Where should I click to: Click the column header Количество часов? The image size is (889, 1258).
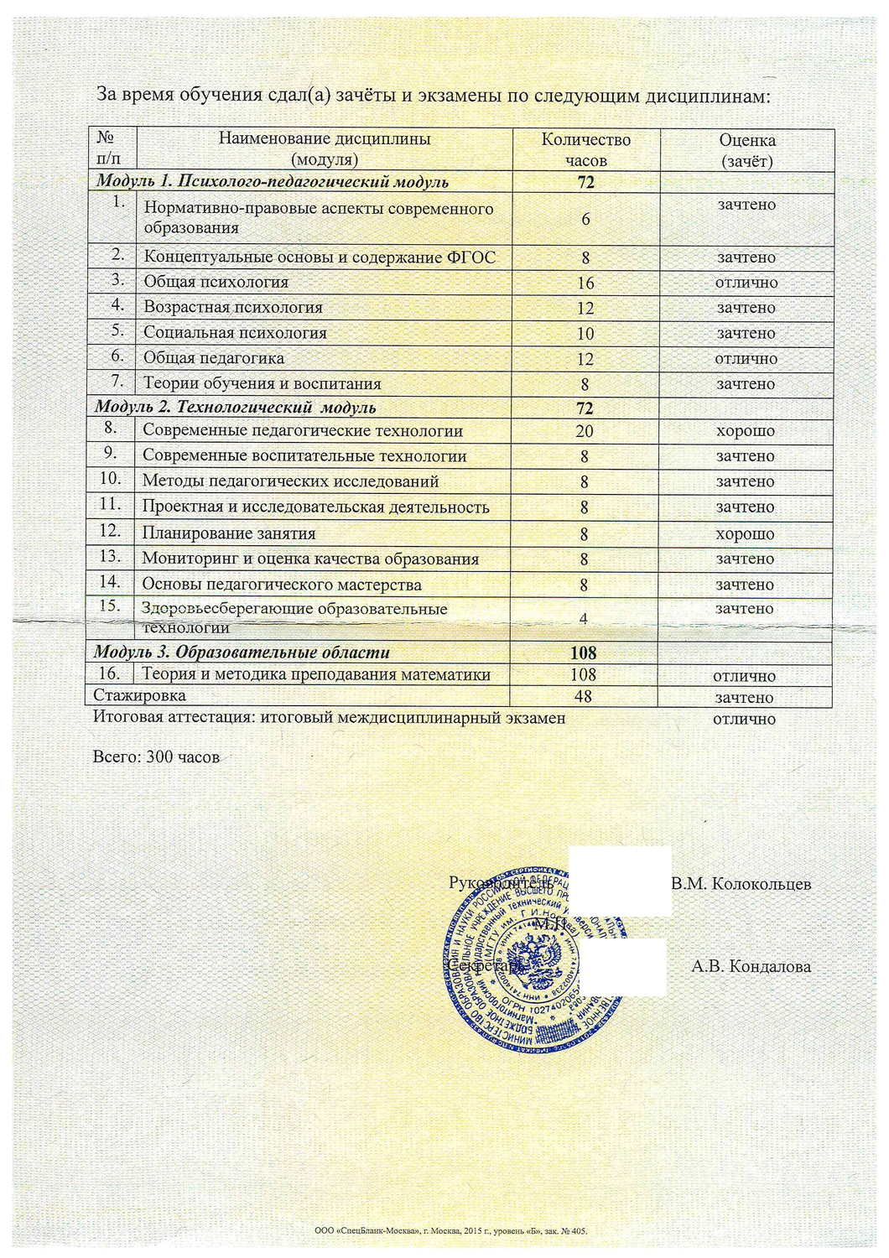pos(585,149)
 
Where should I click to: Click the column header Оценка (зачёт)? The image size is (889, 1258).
pos(746,149)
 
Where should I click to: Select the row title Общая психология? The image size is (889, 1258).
pos(216,282)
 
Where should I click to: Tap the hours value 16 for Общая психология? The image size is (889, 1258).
pos(585,283)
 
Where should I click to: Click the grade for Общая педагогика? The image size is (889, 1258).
pos(746,358)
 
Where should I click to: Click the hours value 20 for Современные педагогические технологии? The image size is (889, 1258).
pos(585,431)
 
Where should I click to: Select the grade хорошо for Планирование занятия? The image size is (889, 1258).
pos(745,533)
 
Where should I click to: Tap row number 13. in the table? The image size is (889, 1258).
pos(111,556)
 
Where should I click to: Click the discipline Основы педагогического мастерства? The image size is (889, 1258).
pos(282,585)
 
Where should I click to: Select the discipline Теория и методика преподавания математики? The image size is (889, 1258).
pos(316,674)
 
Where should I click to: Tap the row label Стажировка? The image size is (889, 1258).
pos(140,695)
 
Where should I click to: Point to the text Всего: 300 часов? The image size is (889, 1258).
pos(156,757)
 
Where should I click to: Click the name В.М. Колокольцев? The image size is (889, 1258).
pos(741,883)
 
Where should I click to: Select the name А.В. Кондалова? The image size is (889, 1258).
pos(751,966)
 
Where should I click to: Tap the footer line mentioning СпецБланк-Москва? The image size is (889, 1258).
pos(450,1231)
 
